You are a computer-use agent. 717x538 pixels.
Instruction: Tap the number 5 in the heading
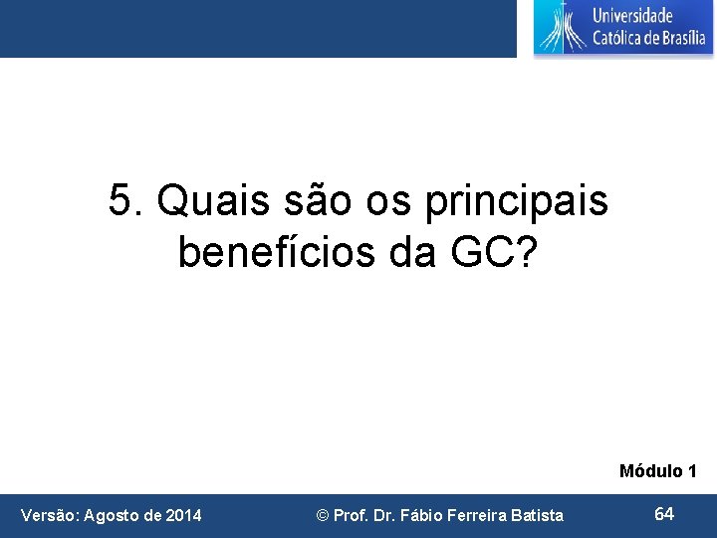pyautogui.click(x=121, y=201)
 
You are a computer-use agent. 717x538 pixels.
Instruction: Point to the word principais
pyautogui.click(x=516, y=203)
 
